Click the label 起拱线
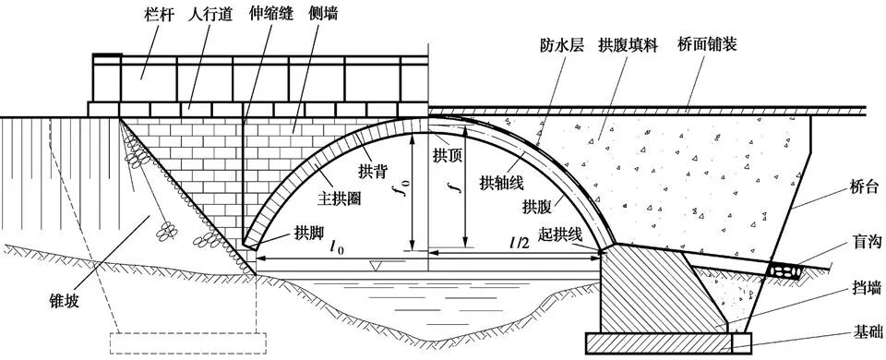click(561, 235)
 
